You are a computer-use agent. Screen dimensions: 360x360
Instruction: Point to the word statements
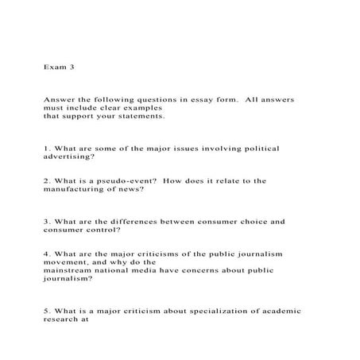[x=140, y=116]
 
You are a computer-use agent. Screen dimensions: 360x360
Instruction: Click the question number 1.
[x=47, y=148]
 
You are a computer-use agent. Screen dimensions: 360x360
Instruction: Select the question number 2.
[x=47, y=181]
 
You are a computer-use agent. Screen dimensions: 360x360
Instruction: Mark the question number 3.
[x=47, y=222]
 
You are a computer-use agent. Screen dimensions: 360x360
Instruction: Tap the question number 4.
[x=47, y=254]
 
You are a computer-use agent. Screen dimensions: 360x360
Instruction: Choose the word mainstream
[x=72, y=270]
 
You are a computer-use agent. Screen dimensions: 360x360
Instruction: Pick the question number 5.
[x=47, y=312]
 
